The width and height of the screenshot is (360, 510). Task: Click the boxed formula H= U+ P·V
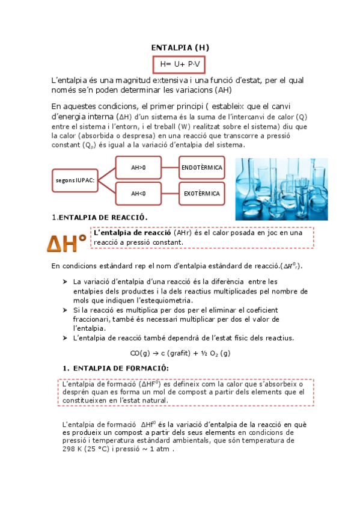[x=180, y=64]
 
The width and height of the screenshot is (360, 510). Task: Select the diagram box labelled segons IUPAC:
[x=75, y=179]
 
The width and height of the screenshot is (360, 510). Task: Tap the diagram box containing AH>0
[x=138, y=167]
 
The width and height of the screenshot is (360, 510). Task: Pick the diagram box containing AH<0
[x=138, y=194]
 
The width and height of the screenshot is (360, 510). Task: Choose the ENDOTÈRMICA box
[x=201, y=167]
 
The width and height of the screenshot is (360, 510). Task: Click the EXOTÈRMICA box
[x=201, y=194]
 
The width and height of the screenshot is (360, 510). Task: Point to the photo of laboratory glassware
[x=281, y=189]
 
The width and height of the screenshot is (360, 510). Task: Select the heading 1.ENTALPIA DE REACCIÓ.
[x=99, y=217]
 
